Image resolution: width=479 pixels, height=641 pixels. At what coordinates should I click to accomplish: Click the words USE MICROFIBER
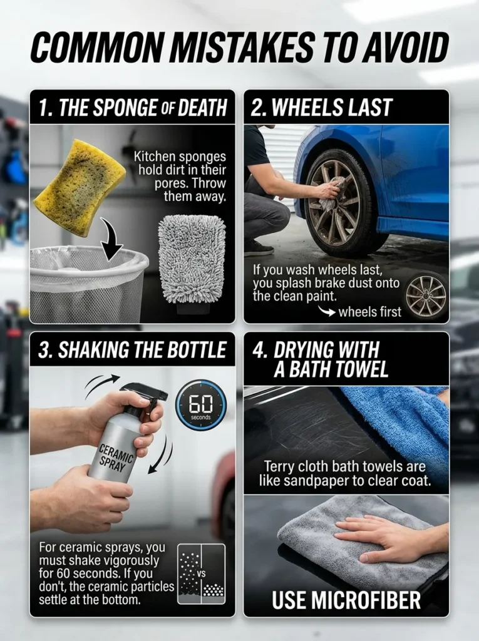pos(346,599)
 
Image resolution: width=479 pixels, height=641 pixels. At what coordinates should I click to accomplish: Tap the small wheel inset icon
pos(426,295)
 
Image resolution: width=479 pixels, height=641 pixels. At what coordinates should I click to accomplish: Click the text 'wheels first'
pos(369,311)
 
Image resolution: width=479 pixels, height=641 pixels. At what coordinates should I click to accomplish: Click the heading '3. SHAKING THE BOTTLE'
pos(132,350)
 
